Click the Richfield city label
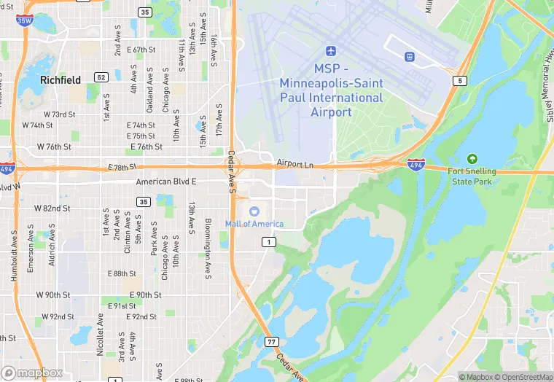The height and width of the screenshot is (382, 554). (61, 79)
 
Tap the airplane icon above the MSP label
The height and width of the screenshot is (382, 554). (332, 51)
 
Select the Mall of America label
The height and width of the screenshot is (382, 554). (254, 224)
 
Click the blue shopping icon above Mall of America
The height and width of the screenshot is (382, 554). (254, 211)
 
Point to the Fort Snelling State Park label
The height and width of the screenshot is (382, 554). (472, 176)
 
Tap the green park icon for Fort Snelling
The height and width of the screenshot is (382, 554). (472, 158)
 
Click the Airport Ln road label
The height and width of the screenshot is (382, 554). (294, 164)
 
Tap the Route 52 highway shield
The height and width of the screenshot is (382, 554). (101, 77)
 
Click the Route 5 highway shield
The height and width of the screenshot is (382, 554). (459, 80)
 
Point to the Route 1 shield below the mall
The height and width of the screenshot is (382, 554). (270, 242)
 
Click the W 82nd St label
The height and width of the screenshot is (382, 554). (52, 208)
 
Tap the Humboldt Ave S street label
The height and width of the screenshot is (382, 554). (14, 251)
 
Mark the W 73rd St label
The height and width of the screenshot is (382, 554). (59, 114)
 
